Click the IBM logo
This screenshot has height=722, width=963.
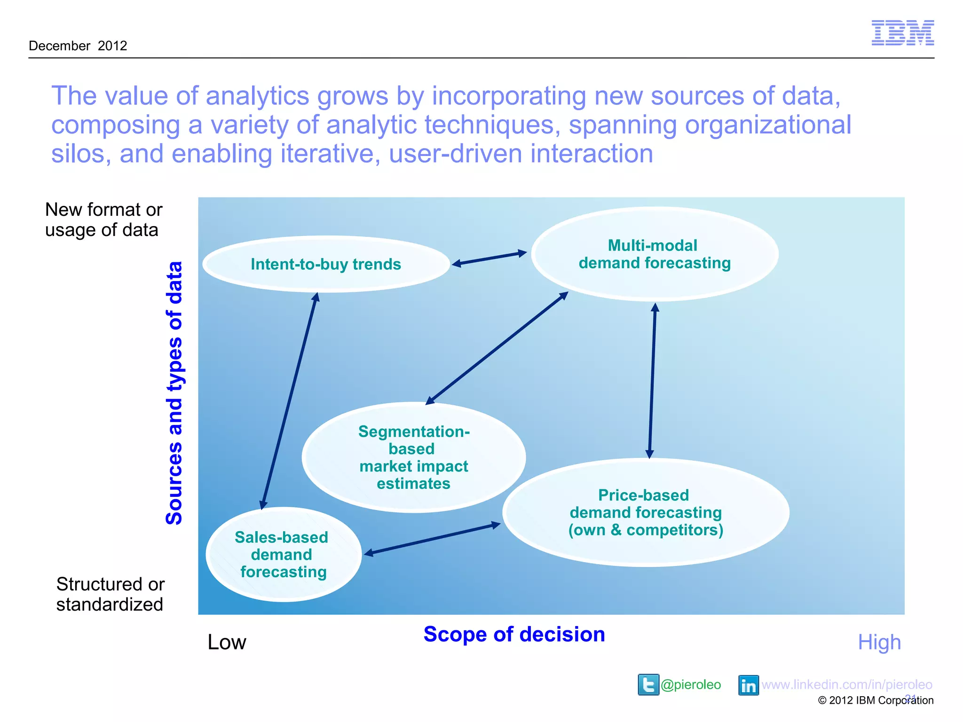tap(902, 33)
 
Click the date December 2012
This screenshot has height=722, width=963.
tap(78, 46)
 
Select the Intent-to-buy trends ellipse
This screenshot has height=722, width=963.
tap(326, 264)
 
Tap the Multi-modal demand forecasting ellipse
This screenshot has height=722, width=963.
tap(654, 254)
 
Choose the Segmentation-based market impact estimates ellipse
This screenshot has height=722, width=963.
tap(413, 457)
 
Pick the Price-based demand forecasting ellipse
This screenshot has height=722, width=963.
tap(646, 512)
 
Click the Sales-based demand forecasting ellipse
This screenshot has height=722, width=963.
tap(283, 555)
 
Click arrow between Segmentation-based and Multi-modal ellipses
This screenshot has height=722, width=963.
tap(497, 348)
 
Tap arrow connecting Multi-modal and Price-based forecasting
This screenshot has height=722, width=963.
tap(652, 381)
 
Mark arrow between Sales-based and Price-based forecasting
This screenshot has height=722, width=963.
tap(433, 539)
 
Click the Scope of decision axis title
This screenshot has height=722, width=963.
tap(514, 635)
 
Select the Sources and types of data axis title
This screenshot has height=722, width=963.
tap(174, 393)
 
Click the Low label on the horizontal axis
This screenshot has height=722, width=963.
tap(227, 642)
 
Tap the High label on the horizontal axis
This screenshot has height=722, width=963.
tap(879, 642)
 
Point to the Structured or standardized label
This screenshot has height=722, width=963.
tap(110, 594)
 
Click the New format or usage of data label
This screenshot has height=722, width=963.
tap(103, 220)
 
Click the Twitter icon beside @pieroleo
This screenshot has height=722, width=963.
tap(648, 684)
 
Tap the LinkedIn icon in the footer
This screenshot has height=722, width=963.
tap(748, 685)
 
